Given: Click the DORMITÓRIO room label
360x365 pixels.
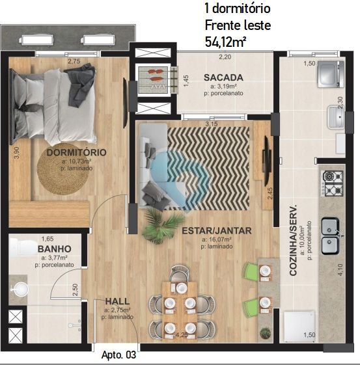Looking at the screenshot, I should click(76, 153).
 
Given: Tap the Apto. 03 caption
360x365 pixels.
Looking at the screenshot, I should click(118, 355).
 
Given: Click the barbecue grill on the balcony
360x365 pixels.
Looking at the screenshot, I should click(156, 78).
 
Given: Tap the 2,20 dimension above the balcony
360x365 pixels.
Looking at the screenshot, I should click(225, 57).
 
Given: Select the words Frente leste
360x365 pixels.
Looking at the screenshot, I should click(237, 26).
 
